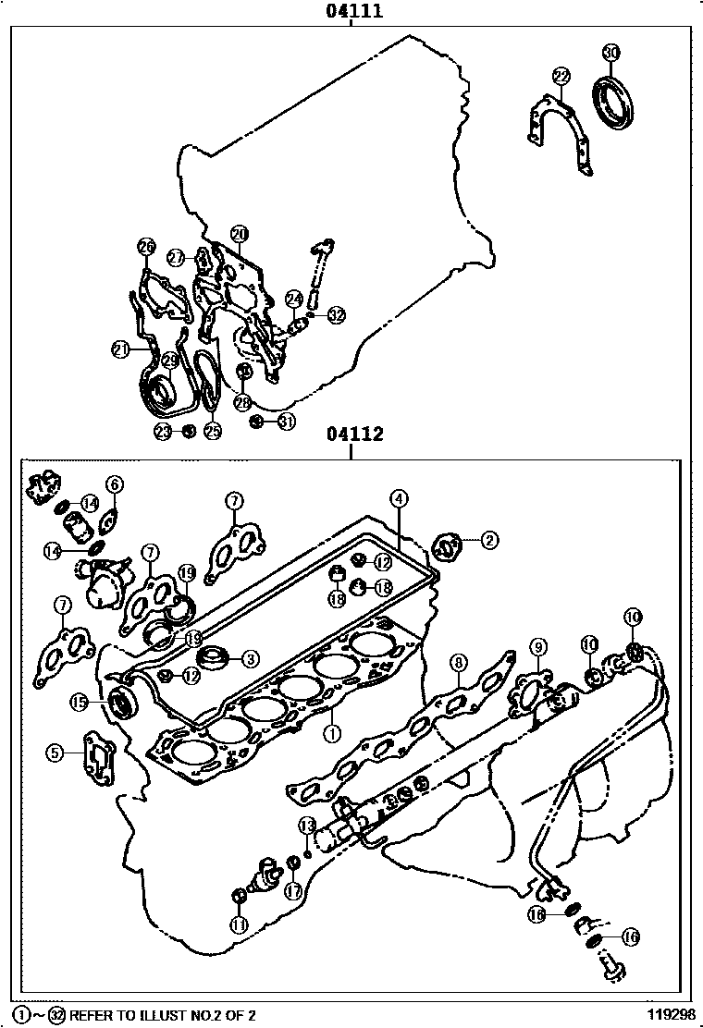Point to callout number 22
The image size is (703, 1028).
click(x=561, y=75)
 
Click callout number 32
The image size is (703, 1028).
click(x=335, y=315)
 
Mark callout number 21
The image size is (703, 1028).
click(x=121, y=349)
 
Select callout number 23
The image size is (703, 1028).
click(x=164, y=431)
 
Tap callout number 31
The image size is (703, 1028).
click(x=286, y=422)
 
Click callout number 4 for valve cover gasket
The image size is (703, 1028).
click(x=398, y=499)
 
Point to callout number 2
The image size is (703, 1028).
click(x=488, y=539)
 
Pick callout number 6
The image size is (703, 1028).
click(x=115, y=483)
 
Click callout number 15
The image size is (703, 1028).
click(x=80, y=703)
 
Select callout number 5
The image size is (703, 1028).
click(x=55, y=753)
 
